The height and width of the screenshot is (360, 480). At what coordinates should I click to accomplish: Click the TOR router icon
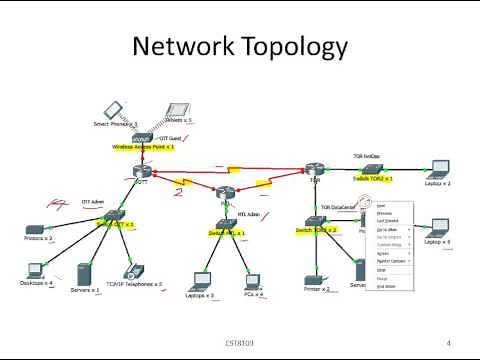[316, 167]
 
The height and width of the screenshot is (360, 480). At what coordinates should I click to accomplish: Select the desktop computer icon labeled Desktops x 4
[35, 268]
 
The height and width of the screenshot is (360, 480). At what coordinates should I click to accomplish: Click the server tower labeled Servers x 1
[84, 273]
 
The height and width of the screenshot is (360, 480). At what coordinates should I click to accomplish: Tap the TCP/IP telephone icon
[129, 272]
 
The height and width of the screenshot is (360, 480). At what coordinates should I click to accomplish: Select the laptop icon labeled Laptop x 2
[437, 170]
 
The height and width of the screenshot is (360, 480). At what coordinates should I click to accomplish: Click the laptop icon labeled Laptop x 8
[436, 229]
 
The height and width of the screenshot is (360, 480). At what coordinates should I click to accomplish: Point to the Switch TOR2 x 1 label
[372, 178]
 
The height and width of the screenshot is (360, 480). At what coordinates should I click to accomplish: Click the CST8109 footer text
[239, 343]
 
